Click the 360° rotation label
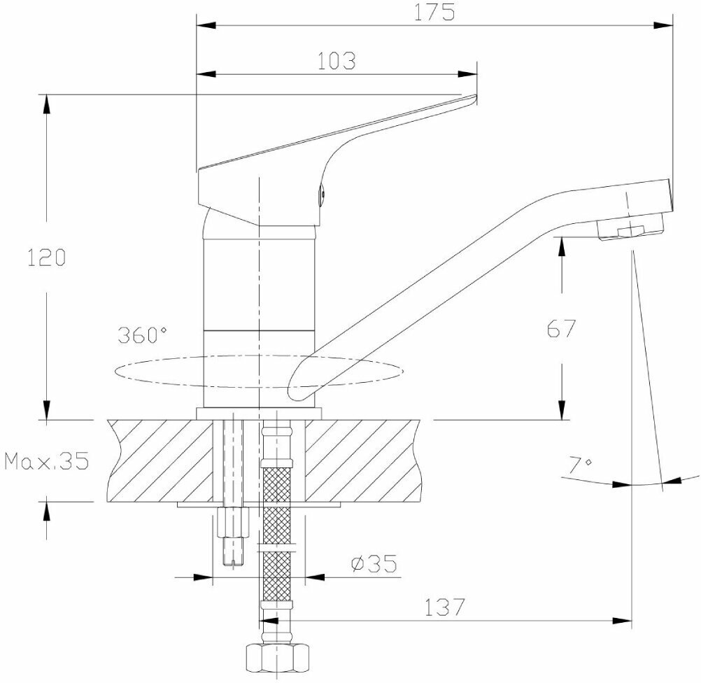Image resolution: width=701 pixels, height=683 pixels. pos(143,335)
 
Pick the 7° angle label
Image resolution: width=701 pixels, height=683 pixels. pos(580,464)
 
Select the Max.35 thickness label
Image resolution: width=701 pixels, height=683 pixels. pos(46,461)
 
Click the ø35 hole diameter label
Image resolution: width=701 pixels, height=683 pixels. pos(374,562)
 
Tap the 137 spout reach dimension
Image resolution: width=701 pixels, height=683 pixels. pos(444,607)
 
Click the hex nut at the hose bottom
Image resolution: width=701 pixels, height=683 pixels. pos(277,659)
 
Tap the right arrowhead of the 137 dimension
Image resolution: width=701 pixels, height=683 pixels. pos(623,620)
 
